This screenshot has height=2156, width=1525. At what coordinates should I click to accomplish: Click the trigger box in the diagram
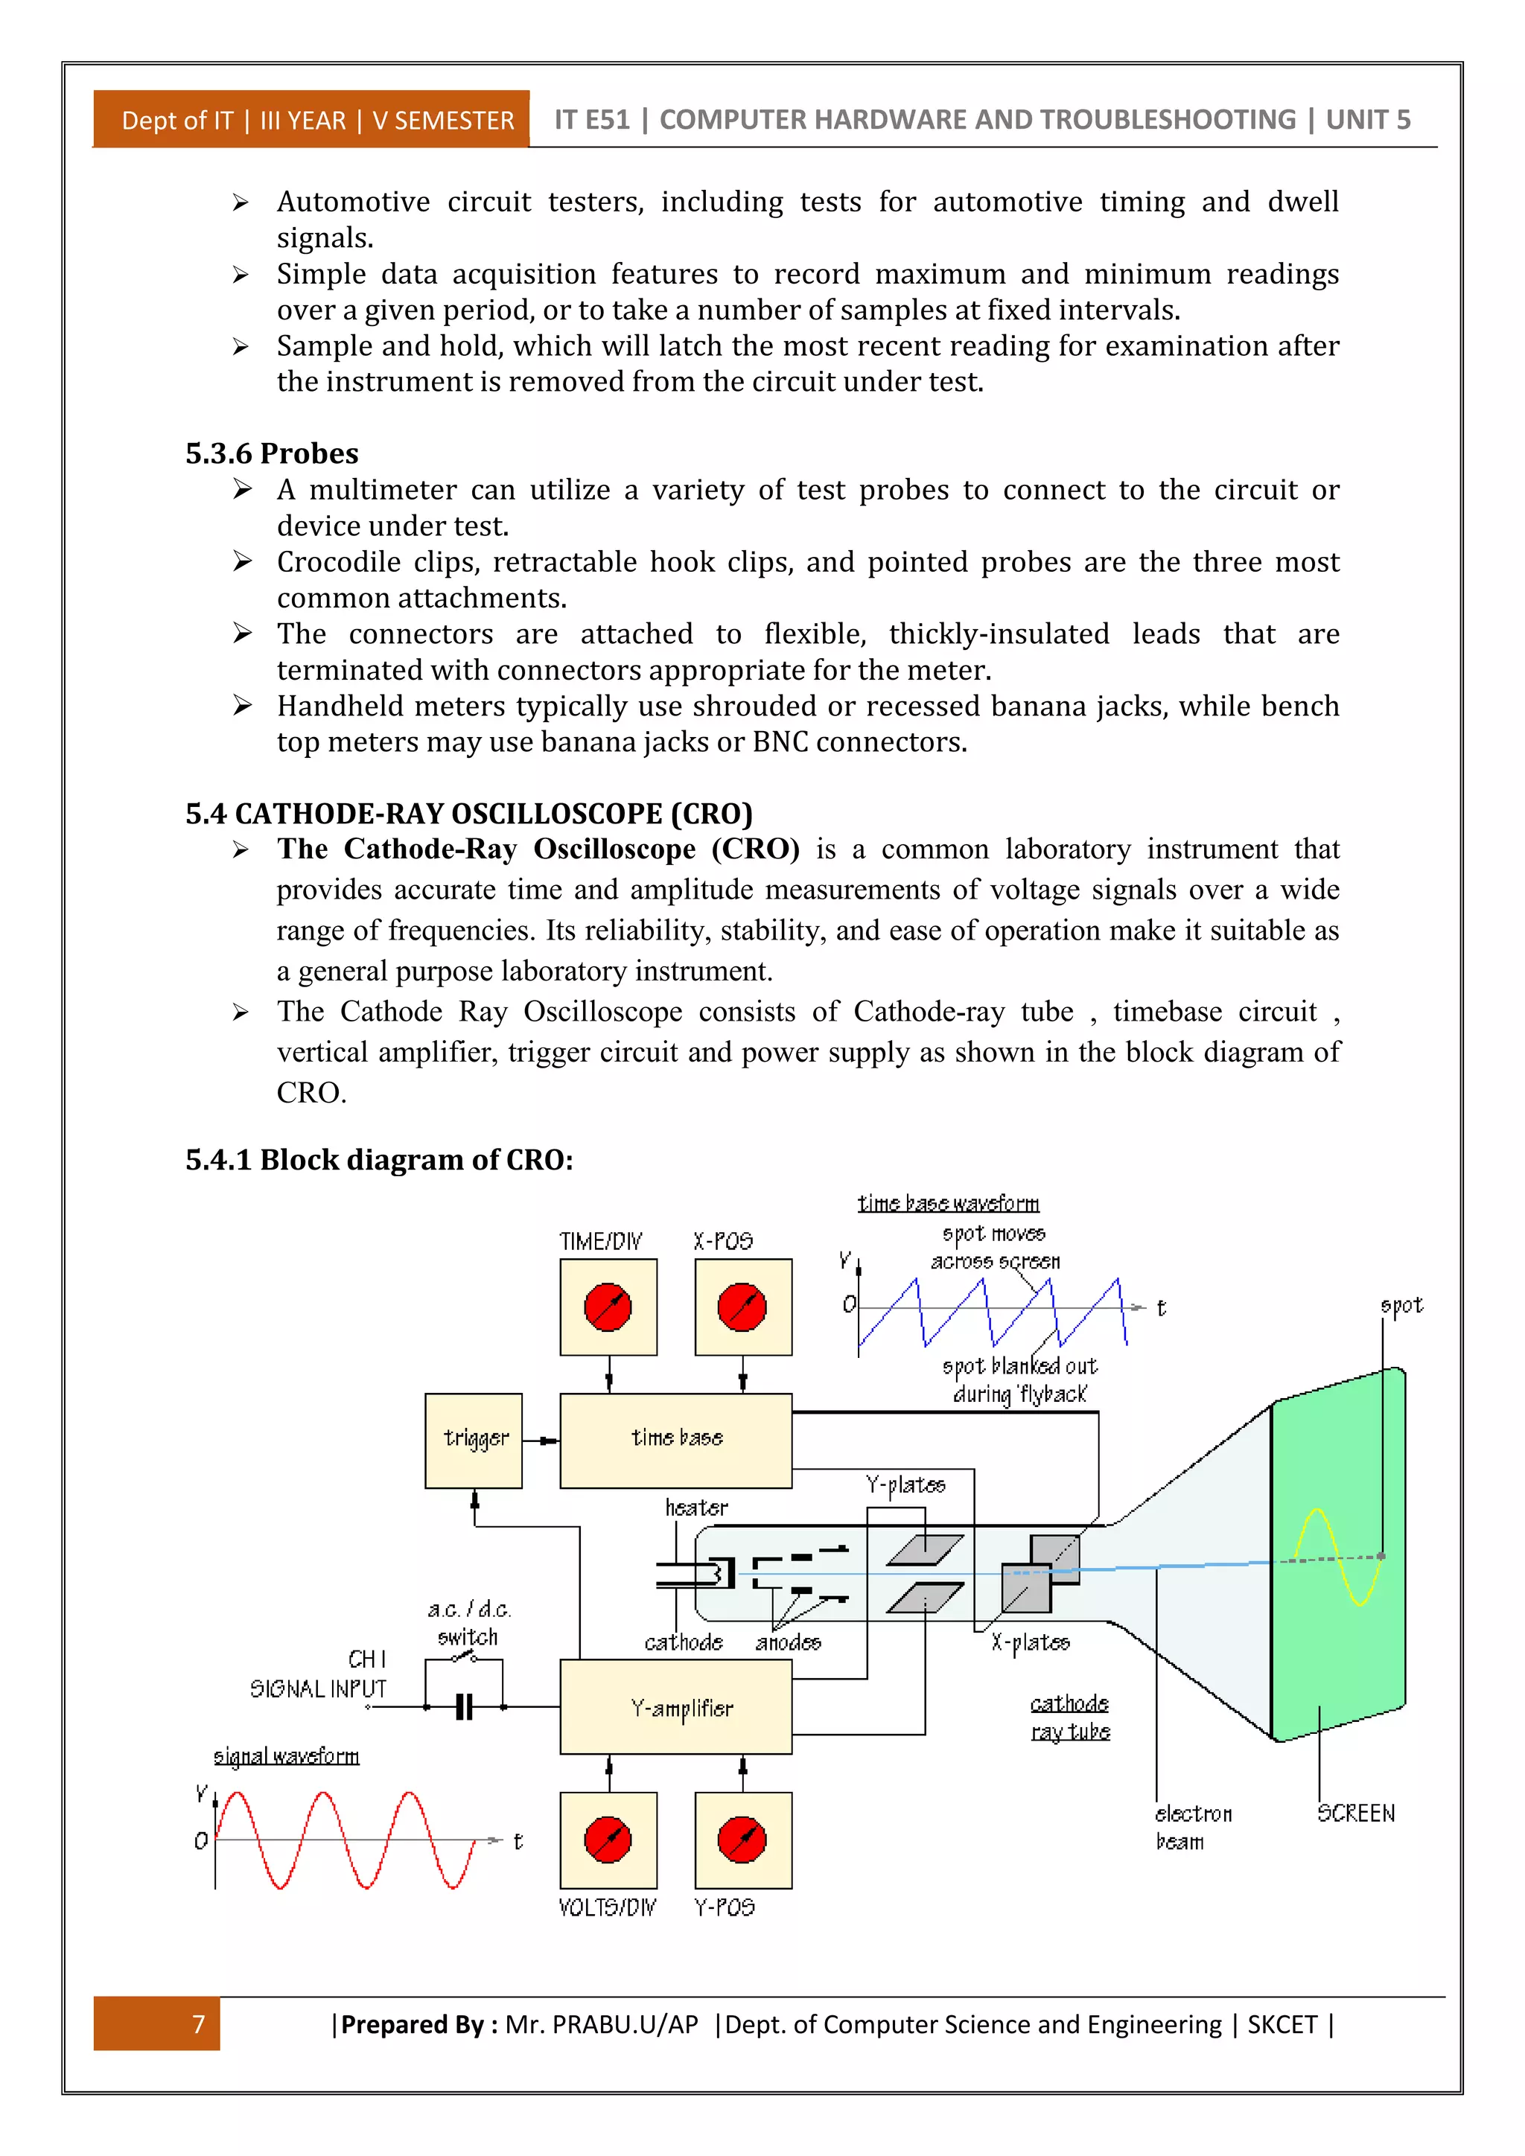474,1440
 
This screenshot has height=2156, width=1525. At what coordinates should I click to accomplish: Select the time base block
675,1440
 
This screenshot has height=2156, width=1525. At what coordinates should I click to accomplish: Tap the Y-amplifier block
675,1706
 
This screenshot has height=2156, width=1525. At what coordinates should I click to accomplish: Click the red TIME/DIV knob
608,1307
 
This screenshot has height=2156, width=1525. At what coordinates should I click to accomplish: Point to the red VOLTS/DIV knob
608,1840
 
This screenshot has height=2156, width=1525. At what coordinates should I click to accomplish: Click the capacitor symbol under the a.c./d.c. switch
464,1706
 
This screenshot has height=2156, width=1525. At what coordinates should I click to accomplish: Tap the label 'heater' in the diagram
695,1507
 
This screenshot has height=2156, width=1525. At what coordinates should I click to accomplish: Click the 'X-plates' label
1031,1642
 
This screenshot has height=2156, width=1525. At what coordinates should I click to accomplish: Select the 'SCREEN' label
1355,1814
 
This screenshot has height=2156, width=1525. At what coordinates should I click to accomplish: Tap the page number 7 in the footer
198,2023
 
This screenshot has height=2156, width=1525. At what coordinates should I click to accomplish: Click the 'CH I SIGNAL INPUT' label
319,1674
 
